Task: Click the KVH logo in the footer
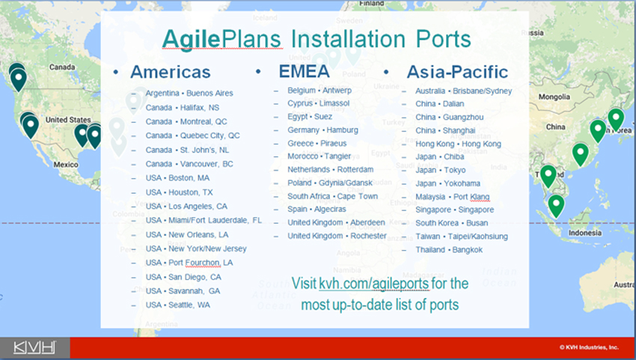point(34,348)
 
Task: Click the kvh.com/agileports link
point(373,284)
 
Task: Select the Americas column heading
point(171,73)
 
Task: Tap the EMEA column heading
point(305,71)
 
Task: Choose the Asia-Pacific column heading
point(457,73)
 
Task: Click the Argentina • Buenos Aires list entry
point(189,94)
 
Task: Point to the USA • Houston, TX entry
point(179,192)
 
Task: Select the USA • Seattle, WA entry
point(177,305)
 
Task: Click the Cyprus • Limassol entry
point(319,103)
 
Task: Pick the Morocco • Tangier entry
point(319,156)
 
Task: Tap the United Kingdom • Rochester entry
point(337,236)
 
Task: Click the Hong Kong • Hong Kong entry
point(458,144)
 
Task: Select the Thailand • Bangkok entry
point(449,250)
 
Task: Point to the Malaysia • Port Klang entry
point(452,197)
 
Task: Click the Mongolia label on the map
point(554,97)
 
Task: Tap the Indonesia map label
point(585,233)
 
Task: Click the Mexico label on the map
point(66,165)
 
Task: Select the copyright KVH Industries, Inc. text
point(589,347)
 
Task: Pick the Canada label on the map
point(62,67)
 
